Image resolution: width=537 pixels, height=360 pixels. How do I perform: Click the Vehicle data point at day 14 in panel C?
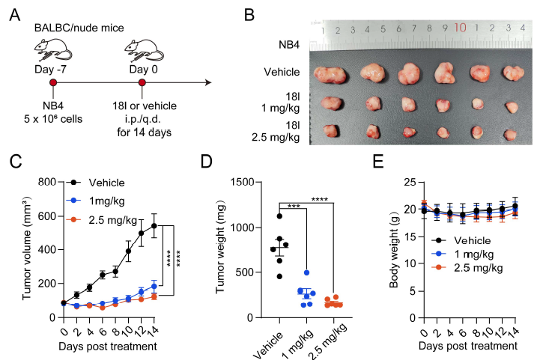[154, 225]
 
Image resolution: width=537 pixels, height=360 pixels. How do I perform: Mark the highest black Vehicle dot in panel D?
[279, 216]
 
